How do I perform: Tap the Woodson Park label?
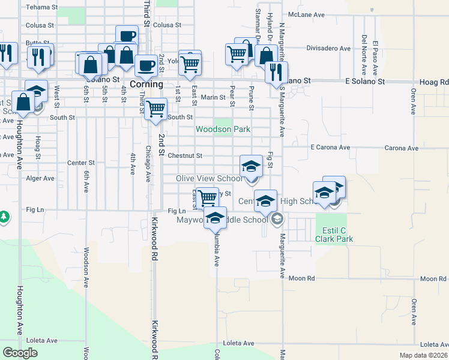point(223,129)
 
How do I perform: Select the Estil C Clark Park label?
point(334,233)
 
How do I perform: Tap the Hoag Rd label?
point(435,82)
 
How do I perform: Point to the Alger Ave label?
point(40,178)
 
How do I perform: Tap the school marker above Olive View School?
point(251,166)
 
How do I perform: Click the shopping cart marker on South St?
point(156,109)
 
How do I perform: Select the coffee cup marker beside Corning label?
point(146,66)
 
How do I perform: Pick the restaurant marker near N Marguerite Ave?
point(276,73)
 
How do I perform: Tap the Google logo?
point(20,352)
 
